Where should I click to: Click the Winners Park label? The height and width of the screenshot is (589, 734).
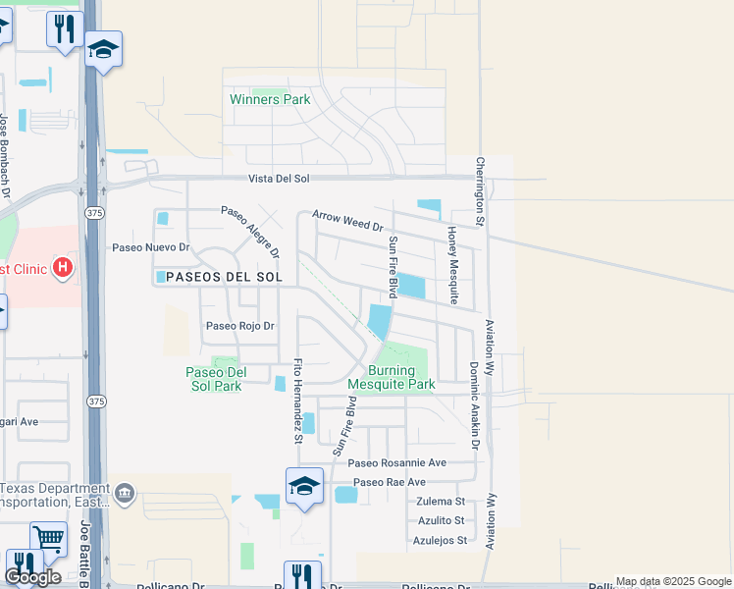[x=270, y=99]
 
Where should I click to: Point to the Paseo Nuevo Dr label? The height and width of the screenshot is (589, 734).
[x=150, y=247]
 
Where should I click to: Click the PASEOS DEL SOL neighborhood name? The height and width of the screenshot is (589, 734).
[x=224, y=278]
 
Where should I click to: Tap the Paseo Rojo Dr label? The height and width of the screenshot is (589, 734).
[x=238, y=326]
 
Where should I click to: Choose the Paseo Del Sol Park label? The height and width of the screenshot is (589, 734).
[x=214, y=379]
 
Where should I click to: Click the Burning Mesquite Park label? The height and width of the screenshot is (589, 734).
[x=400, y=377]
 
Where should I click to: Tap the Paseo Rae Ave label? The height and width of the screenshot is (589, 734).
[x=390, y=482]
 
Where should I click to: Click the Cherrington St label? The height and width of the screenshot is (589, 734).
[x=481, y=191]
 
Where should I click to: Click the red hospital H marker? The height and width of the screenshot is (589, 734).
[x=64, y=266]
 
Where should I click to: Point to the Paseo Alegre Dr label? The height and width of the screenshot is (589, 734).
[x=251, y=232]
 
